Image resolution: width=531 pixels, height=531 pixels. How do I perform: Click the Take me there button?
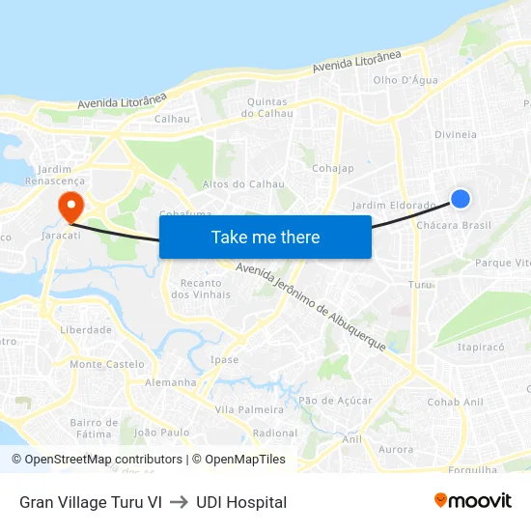(x=265, y=237)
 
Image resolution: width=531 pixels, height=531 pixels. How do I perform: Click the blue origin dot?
(x=461, y=199)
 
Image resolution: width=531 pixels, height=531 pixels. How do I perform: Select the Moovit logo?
(x=473, y=501)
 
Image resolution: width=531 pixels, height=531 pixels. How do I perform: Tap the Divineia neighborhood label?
(x=456, y=134)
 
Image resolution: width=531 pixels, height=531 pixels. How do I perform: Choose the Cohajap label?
(x=333, y=168)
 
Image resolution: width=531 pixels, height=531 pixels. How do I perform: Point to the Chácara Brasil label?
(x=454, y=225)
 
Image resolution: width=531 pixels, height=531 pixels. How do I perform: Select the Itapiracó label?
(x=481, y=347)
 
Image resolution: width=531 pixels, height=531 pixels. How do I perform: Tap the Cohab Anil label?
(x=456, y=402)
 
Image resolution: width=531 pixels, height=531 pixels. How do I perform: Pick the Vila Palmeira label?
(x=249, y=409)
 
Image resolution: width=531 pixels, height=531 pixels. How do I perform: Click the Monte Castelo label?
(x=107, y=364)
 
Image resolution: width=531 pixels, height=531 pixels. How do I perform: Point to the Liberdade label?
(x=86, y=329)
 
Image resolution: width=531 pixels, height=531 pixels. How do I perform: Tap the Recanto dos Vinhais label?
(x=200, y=289)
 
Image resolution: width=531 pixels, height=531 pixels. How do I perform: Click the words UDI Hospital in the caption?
(x=241, y=502)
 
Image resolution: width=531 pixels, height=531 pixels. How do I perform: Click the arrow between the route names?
(x=179, y=502)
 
